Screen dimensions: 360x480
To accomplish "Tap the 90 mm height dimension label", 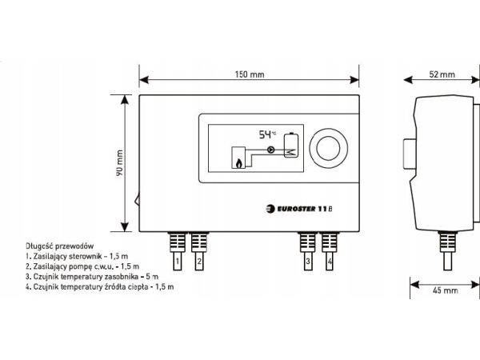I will [x=118, y=162].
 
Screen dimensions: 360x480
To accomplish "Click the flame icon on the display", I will [x=238, y=162].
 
